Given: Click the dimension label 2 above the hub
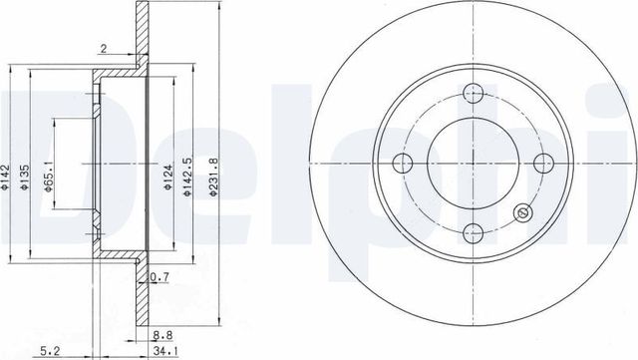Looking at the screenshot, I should [x=104, y=46].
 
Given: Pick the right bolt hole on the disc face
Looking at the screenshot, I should [x=543, y=164].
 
